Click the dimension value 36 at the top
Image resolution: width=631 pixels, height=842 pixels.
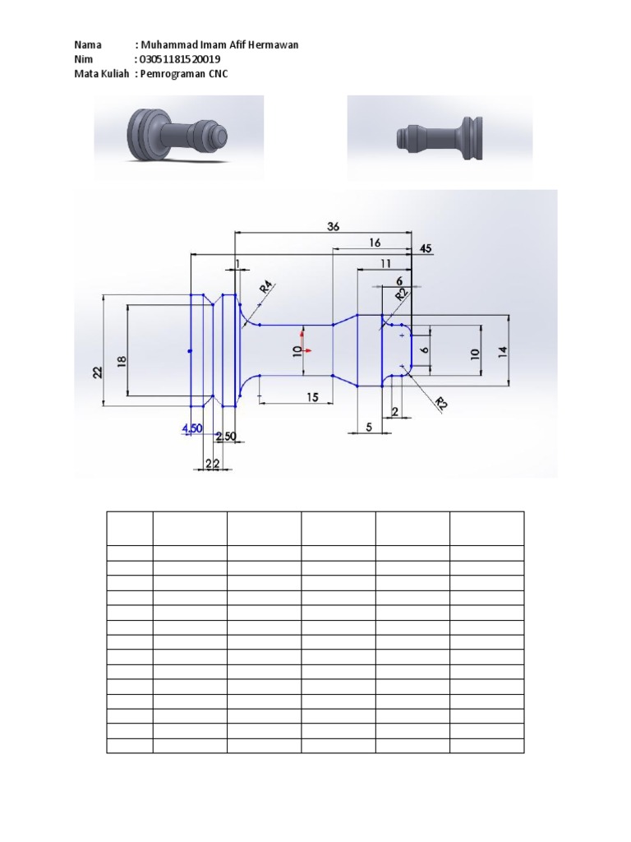coord(333,226)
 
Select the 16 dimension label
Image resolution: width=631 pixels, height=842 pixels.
coord(375,243)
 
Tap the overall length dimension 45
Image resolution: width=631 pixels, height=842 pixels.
coord(425,248)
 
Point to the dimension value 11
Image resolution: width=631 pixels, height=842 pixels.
coord(385,263)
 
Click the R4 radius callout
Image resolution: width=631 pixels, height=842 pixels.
coord(265,289)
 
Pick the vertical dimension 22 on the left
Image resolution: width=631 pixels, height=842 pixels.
coord(98,372)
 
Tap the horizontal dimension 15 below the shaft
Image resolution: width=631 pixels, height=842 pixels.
coord(313,397)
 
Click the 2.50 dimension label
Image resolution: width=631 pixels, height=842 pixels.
coord(226,435)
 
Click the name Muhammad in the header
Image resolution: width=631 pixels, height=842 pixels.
coord(168,44)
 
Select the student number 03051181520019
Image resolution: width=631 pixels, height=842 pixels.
coord(180,60)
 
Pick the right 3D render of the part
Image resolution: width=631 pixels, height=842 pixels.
coord(440,137)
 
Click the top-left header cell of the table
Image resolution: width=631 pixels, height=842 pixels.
coord(129,528)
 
